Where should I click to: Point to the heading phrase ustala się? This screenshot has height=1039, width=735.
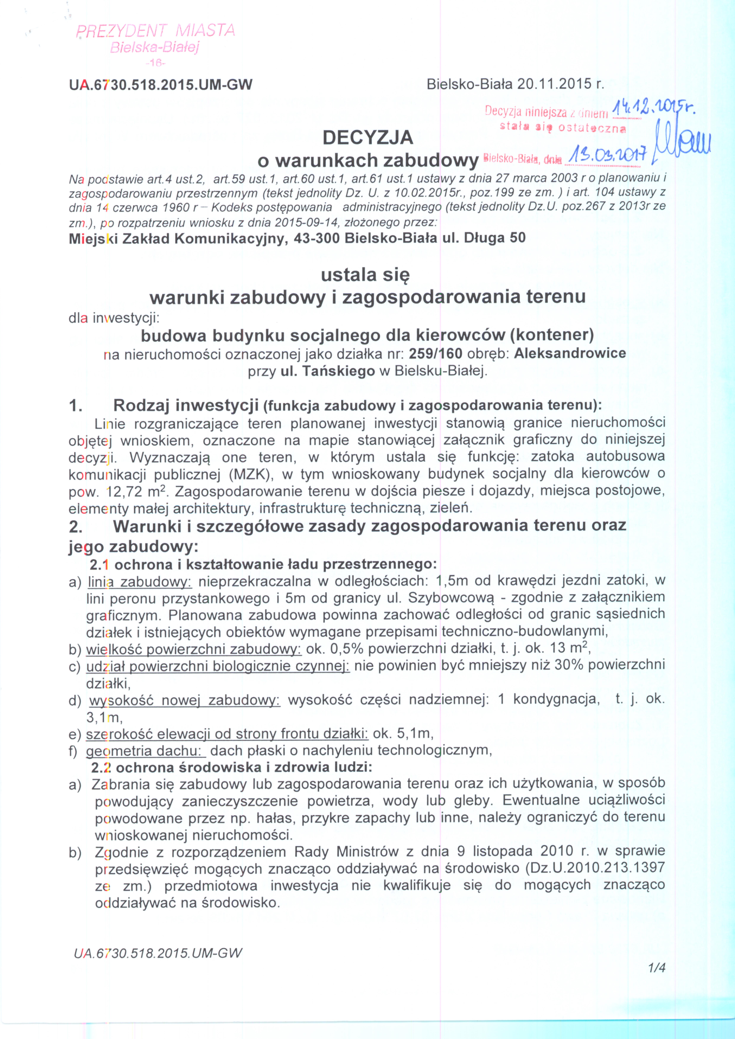tap(365, 275)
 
